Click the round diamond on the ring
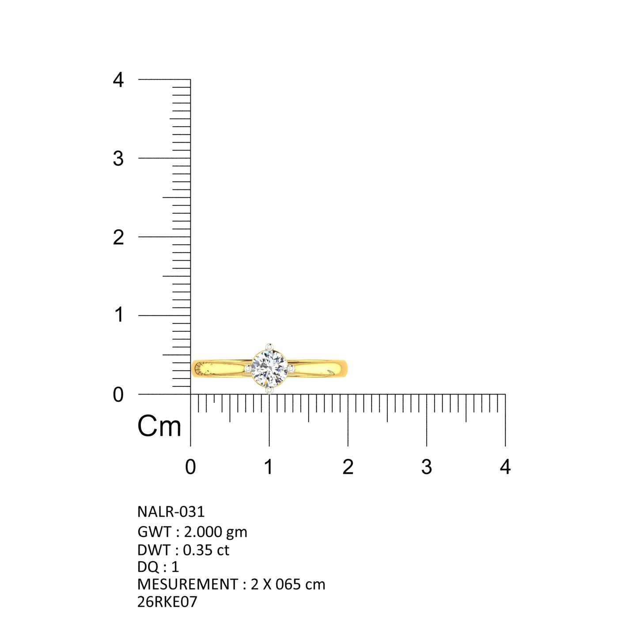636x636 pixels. [269, 369]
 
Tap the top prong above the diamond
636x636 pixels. [269, 347]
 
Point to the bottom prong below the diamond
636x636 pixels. [269, 390]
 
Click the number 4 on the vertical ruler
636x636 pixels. [118, 80]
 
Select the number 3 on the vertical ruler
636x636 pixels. [118, 159]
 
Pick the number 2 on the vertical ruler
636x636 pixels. [118, 237]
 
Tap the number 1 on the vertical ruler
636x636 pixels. [119, 314]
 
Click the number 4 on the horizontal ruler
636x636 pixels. [505, 467]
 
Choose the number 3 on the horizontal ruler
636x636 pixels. [426, 467]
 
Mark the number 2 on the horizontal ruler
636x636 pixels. [348, 467]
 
